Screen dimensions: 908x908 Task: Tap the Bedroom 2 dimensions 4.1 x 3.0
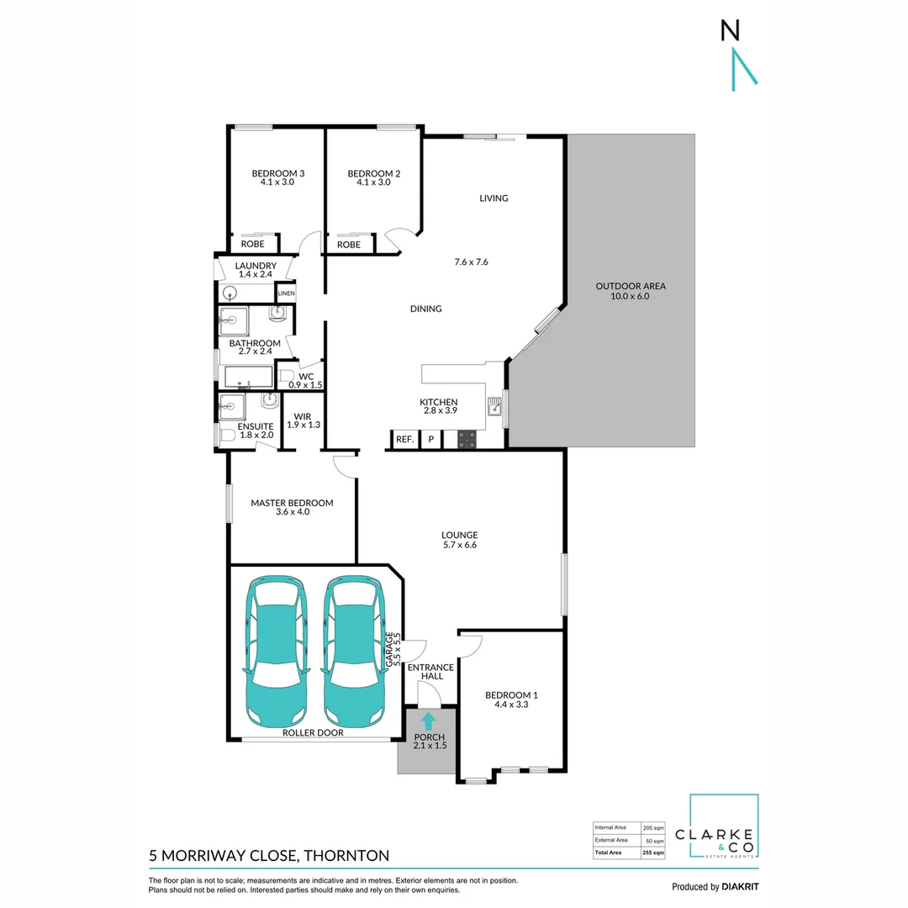click(x=373, y=182)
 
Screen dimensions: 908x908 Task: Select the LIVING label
click(x=494, y=198)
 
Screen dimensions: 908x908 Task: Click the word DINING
click(x=426, y=309)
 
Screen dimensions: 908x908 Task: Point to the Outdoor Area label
click(x=631, y=287)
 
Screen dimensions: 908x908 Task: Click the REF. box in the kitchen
click(x=404, y=439)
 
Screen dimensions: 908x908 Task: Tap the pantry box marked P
click(x=431, y=439)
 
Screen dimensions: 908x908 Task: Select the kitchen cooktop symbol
click(x=467, y=439)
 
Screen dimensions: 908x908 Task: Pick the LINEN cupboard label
click(x=287, y=293)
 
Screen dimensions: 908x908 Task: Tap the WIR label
click(x=304, y=415)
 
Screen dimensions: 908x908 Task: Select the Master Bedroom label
click(x=292, y=503)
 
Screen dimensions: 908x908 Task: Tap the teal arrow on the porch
click(x=428, y=721)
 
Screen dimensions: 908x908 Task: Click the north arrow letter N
click(x=731, y=31)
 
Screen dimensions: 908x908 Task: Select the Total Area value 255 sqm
click(x=653, y=853)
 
